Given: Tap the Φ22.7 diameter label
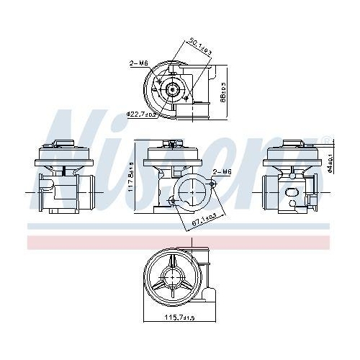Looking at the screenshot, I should click(142, 114).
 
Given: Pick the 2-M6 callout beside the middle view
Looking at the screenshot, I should click(223, 171).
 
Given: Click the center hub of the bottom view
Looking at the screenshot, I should click(174, 275).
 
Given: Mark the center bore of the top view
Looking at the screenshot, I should click(174, 89).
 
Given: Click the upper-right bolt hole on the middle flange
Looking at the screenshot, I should click(215, 184).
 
